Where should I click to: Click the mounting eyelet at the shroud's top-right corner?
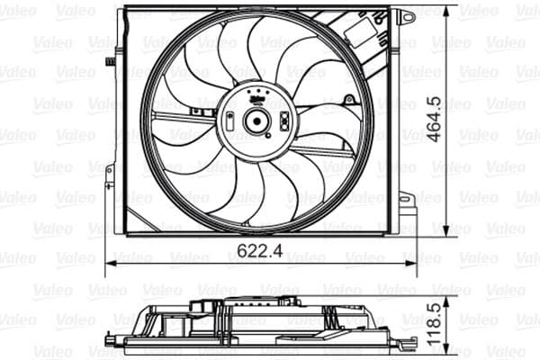pyautogui.click(x=407, y=16)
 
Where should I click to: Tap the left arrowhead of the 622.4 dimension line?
pyautogui.click(x=110, y=264)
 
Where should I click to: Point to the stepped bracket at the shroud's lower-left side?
pyautogui.click(x=113, y=193)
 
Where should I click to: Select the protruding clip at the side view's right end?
pyautogui.click(x=401, y=339)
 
